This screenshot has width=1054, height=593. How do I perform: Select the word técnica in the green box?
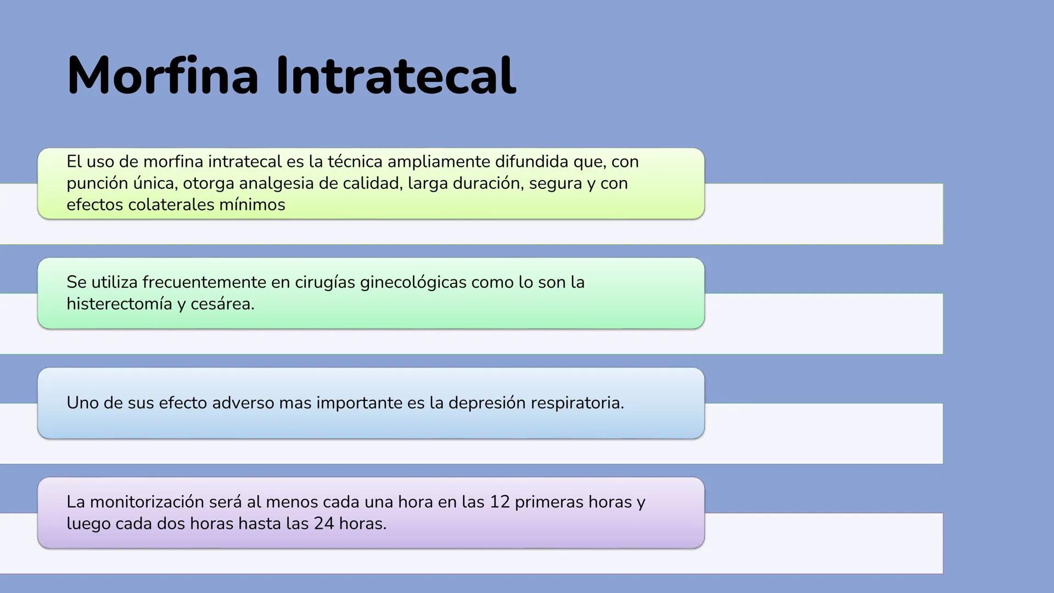click(x=355, y=161)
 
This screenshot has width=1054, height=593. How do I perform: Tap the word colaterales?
click(x=171, y=205)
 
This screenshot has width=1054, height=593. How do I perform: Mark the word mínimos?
click(x=253, y=205)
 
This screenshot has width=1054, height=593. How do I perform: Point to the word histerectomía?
click(x=120, y=304)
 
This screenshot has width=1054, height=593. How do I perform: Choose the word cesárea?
click(x=222, y=304)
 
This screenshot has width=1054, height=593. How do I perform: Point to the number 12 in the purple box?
click(x=500, y=502)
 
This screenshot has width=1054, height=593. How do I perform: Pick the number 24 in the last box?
click(x=324, y=523)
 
